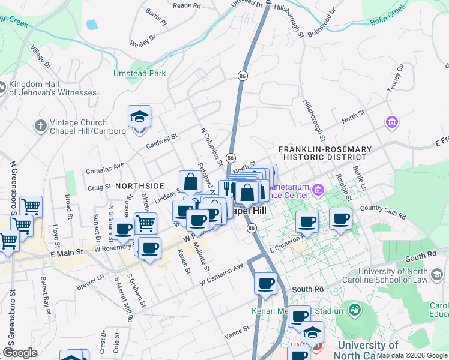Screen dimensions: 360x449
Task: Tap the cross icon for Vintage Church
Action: coord(40,126)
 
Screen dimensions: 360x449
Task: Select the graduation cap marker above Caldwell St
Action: coord(140,117)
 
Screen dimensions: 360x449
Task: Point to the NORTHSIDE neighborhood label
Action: coord(140,186)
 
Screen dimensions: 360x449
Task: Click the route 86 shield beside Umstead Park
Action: coord(243,76)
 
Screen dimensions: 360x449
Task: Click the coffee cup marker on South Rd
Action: coord(265,284)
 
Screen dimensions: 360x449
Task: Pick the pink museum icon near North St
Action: coord(393,123)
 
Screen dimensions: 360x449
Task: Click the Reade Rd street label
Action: coord(186,5)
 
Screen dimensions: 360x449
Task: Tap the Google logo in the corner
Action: coord(20,352)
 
